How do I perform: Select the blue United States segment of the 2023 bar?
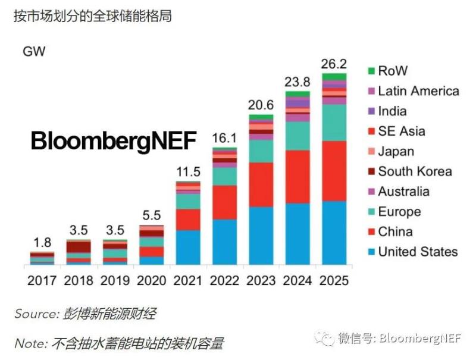click(261, 235)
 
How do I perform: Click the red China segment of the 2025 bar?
click(334, 171)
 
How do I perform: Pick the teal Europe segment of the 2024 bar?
click(297, 136)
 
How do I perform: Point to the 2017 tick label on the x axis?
click(42, 280)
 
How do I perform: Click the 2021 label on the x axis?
click(188, 280)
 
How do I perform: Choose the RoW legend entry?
click(393, 71)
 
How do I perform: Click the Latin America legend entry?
click(418, 91)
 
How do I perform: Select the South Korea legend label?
click(415, 171)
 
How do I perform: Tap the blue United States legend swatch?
click(371, 252)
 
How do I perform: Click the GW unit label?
click(34, 51)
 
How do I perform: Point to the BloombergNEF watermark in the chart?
click(113, 142)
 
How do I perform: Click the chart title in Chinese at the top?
click(93, 16)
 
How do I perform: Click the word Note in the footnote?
click(29, 343)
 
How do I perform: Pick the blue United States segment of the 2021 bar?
click(188, 247)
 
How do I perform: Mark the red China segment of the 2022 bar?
click(224, 202)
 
